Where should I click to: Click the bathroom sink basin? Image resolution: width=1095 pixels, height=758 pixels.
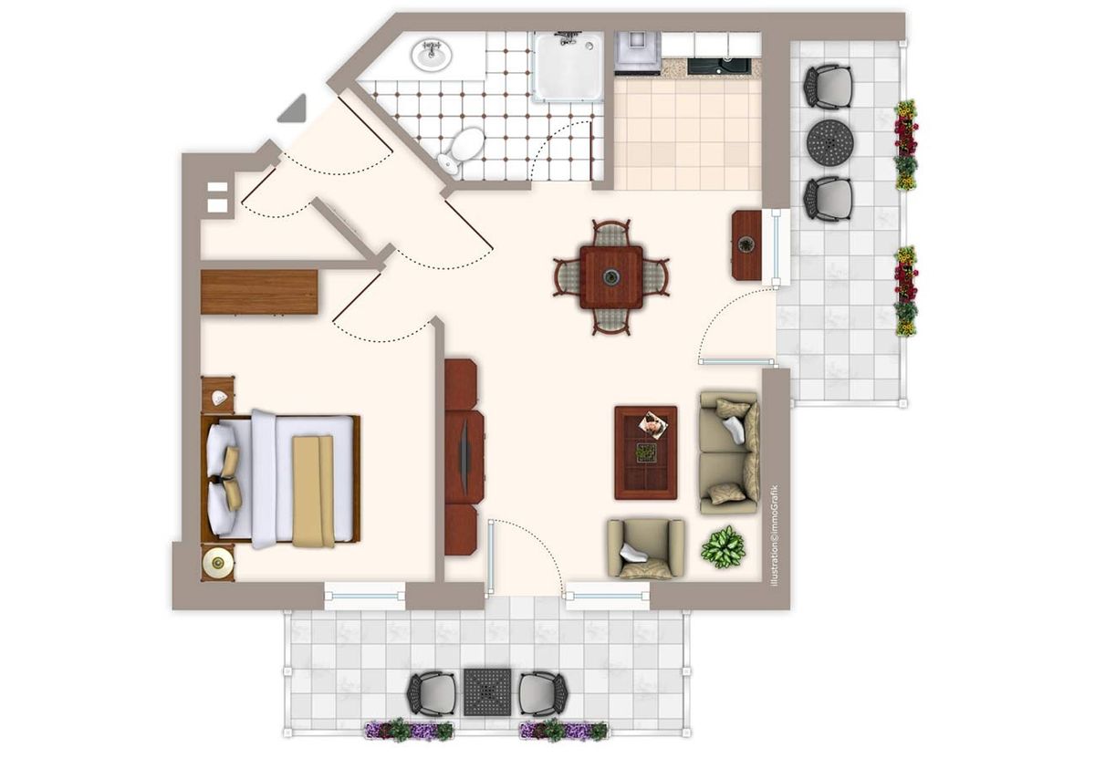click(432, 56)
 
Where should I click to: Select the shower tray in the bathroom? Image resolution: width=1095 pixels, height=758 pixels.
click(568, 67)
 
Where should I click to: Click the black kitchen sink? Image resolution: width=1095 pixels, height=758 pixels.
click(719, 66)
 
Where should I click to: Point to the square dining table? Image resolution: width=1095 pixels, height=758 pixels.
click(611, 277)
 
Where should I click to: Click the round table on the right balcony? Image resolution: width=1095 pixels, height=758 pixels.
click(830, 142)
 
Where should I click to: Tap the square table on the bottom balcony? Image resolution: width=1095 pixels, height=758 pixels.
click(487, 692)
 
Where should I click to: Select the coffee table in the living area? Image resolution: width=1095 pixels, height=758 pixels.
click(646, 452)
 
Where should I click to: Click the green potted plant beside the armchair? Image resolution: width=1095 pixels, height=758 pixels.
click(724, 546)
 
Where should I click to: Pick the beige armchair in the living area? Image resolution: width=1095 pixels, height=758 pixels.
click(646, 549)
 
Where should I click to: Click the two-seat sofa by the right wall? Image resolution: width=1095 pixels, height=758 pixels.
click(729, 452)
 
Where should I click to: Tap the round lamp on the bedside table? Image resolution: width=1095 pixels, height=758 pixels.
click(217, 564)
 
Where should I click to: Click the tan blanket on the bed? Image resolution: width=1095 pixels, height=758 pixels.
click(313, 491)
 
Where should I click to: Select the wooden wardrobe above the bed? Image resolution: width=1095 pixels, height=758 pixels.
click(259, 292)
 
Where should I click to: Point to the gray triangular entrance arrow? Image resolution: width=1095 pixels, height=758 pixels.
click(294, 109)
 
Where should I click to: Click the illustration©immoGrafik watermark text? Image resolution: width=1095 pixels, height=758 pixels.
click(774, 535)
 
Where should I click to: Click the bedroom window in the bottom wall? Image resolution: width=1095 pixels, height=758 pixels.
click(365, 597)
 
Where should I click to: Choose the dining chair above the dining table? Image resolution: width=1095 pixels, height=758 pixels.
click(611, 234)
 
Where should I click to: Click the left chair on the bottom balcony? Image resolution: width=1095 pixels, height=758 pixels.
click(433, 692)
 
